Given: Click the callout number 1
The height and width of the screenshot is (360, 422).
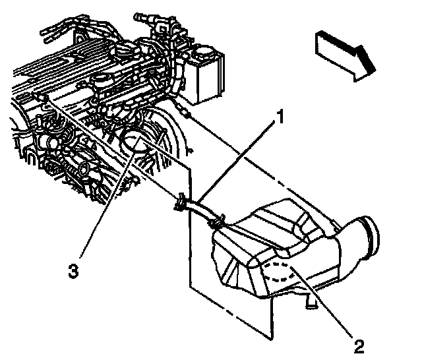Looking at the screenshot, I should click(x=280, y=119).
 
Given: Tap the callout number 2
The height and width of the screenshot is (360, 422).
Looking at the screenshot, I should click(x=359, y=344).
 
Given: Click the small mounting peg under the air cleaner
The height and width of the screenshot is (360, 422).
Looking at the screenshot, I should click(x=309, y=304).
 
